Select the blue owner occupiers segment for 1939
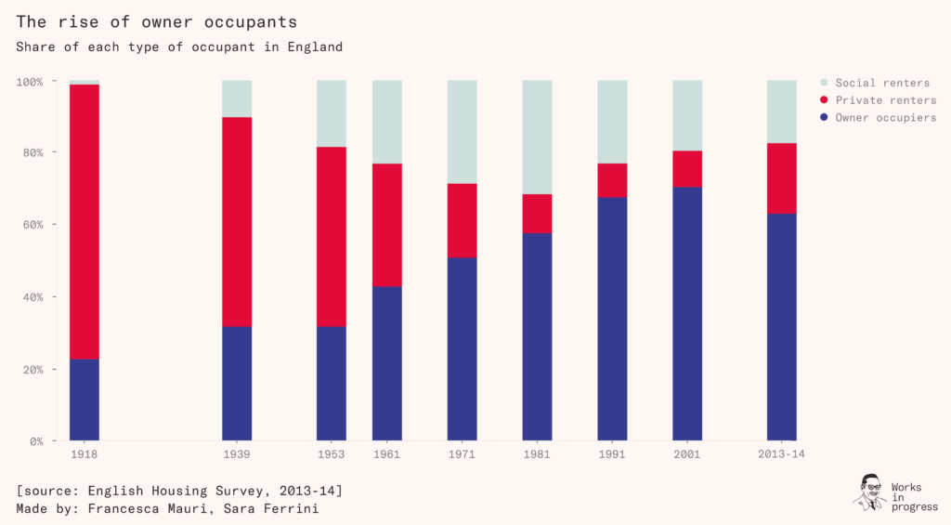pos(237,383)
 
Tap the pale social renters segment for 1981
pos(537,137)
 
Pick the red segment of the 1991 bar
pos(612,180)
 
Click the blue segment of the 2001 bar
pos(687,313)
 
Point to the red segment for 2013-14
pos(781,178)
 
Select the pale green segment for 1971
pos(462,132)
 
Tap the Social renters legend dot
pos(824,83)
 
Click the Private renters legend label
pos(885,100)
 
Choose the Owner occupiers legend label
pos(885,118)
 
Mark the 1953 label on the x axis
pos(331,455)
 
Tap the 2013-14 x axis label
pos(781,455)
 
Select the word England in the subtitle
pos(314,46)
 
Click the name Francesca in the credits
pos(137,508)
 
